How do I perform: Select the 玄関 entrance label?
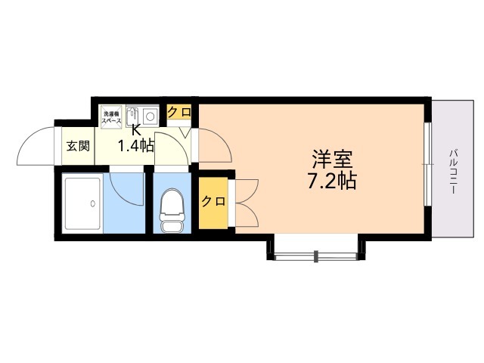77,146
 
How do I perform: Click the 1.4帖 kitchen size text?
135,146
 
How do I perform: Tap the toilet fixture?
172,206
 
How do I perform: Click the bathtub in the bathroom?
83,203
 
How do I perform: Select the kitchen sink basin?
133,116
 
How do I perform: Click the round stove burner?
150,116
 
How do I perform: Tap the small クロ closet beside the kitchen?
179,113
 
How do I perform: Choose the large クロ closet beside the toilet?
213,201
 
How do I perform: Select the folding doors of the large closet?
247,201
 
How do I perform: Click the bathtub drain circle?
92,203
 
